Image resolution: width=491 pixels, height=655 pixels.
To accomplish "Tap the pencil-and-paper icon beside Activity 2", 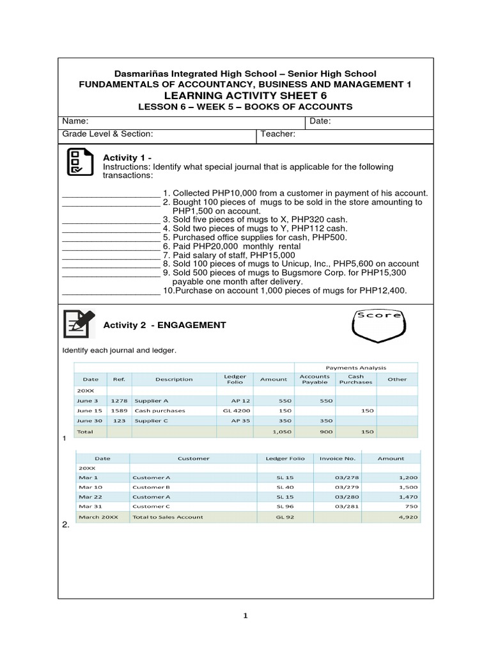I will [x=79, y=324].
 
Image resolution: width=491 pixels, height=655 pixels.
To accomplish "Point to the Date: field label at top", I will [x=320, y=122].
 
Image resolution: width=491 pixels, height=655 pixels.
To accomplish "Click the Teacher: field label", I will [x=277, y=134].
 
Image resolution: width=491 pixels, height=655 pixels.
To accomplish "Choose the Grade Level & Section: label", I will [x=107, y=134].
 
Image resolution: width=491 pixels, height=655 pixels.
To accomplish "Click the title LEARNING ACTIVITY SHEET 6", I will [x=245, y=95].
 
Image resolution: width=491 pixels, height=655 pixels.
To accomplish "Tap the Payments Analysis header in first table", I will [x=356, y=368].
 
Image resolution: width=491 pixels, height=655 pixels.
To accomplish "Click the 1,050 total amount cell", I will [x=274, y=432].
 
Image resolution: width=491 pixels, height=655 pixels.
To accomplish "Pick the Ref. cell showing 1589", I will [x=119, y=410].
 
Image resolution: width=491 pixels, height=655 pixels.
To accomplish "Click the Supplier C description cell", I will [x=152, y=421].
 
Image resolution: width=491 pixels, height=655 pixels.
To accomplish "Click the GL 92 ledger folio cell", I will [x=284, y=517].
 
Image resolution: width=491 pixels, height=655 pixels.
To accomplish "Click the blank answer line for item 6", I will [x=110, y=246].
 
